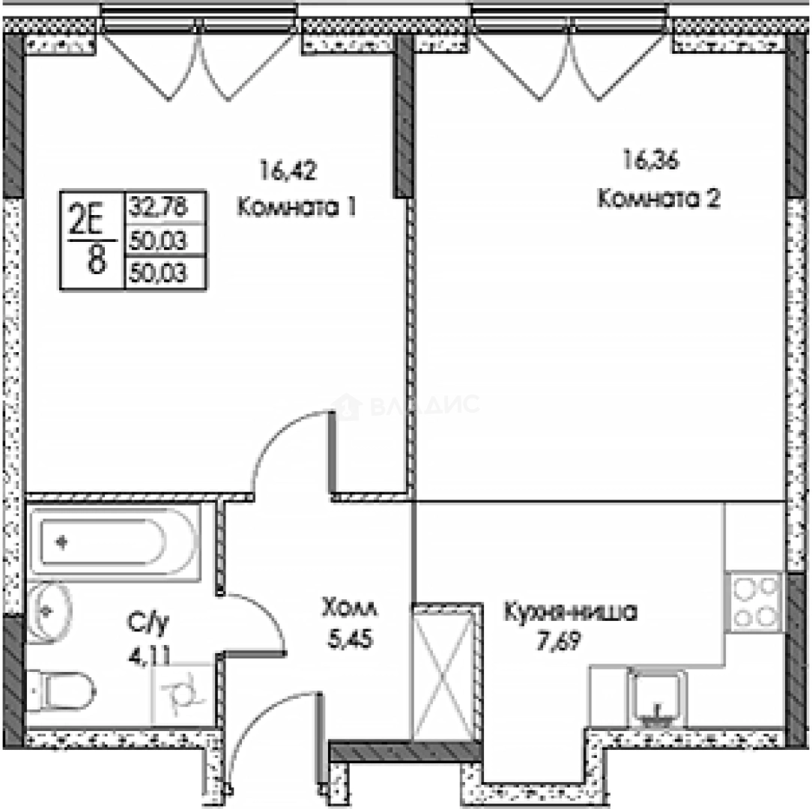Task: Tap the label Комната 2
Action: [x=658, y=199]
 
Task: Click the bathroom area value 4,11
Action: [x=148, y=657]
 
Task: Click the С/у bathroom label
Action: [x=147, y=622]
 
